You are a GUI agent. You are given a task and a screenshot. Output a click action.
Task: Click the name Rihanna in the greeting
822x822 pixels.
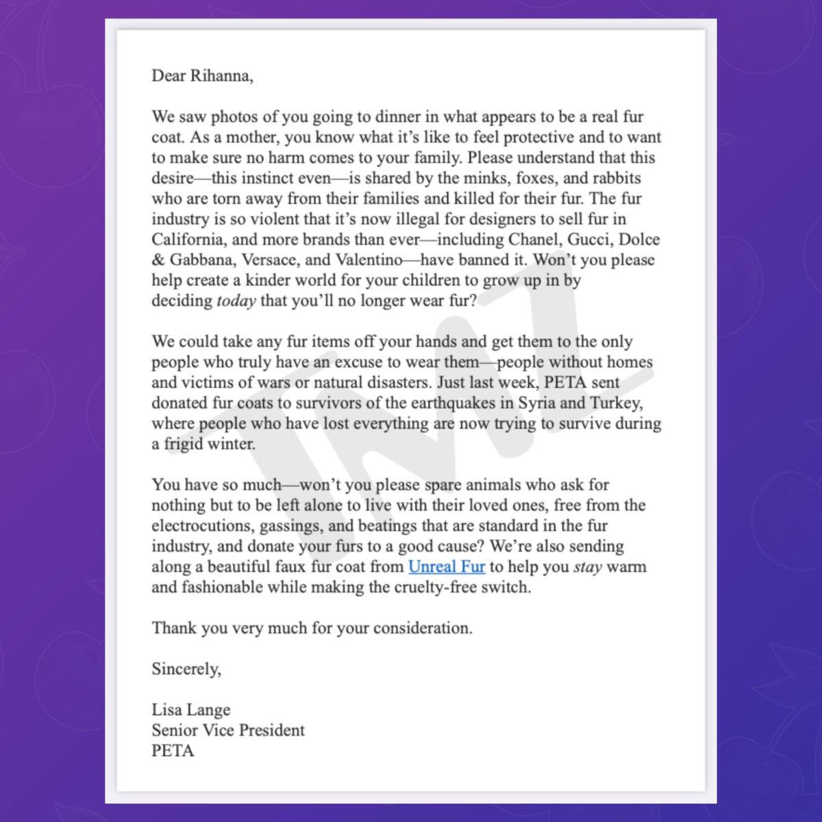219,76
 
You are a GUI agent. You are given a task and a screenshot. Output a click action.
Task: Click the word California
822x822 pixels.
184,240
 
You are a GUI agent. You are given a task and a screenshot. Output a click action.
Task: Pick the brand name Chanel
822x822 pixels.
534,240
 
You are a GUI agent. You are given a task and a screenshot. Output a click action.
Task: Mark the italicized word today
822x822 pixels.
236,301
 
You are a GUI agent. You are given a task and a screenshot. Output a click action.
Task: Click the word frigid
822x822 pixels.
189,444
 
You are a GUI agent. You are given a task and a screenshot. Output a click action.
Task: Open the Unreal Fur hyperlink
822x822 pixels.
447,567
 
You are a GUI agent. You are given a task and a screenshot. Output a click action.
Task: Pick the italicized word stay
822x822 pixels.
587,567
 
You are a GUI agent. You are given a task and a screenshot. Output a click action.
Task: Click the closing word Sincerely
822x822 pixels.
186,669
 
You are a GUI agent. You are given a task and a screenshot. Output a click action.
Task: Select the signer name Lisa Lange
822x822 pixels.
191,710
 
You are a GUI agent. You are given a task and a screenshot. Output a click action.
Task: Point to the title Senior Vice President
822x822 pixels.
228,730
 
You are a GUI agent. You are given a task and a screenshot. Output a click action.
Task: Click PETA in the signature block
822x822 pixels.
173,751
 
